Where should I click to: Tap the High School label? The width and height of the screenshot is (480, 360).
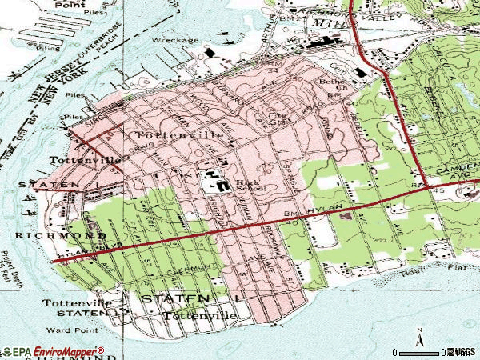tap(246, 185)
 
